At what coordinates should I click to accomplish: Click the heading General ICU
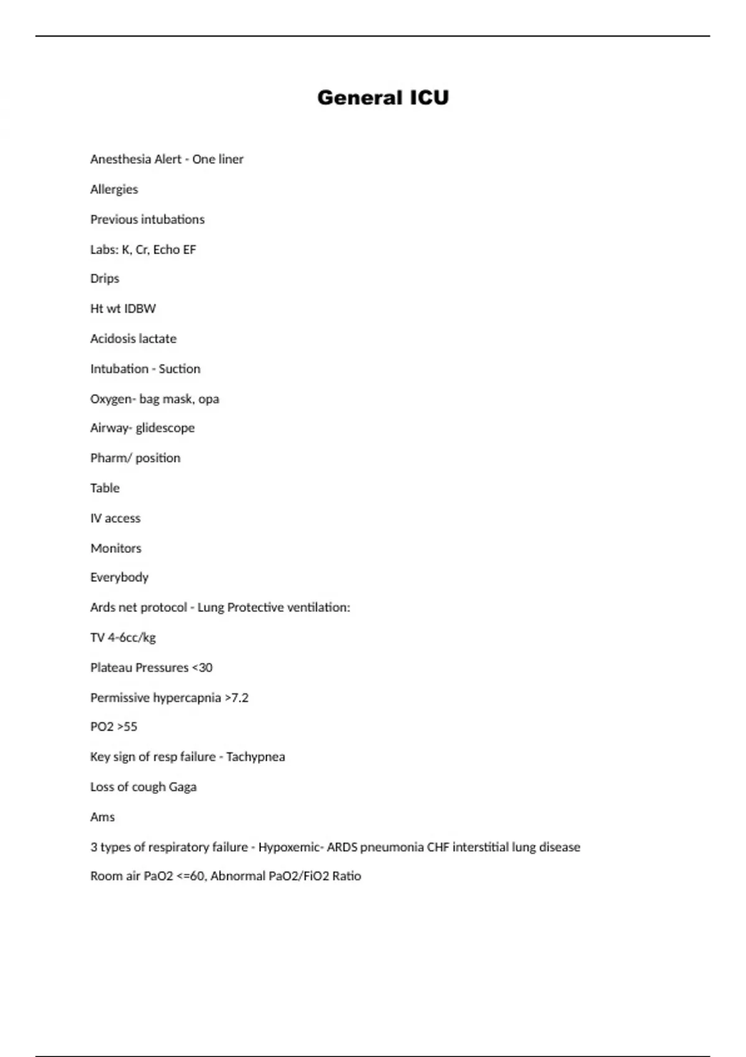383,98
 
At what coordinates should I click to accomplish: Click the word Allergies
114,189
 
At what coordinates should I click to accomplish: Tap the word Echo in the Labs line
166,249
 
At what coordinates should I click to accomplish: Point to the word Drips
104,279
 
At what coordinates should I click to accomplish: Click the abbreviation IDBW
140,308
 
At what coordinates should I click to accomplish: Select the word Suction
180,369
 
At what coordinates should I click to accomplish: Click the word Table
104,488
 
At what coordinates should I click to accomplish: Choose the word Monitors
116,548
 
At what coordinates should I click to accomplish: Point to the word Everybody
119,578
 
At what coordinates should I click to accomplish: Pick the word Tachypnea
256,757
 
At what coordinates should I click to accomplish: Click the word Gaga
183,787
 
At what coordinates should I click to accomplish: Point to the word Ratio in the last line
346,876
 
